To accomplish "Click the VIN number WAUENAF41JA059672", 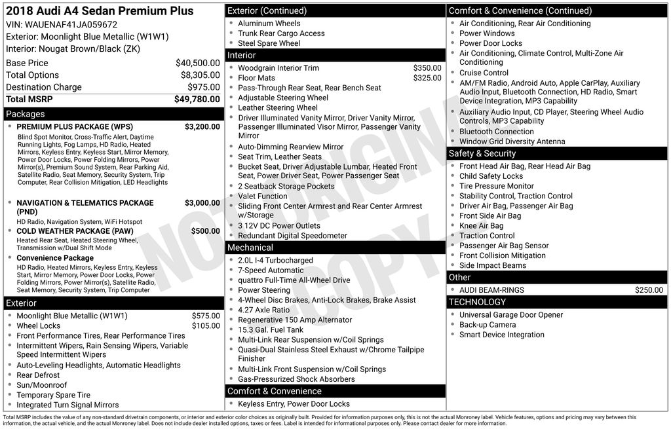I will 71,25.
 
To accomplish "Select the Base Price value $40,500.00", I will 197,63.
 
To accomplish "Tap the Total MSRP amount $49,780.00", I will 197,99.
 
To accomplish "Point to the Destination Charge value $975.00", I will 203,87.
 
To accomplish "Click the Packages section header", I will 26,114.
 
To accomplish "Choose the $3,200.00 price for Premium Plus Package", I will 202,126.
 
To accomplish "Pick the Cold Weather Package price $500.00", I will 205,231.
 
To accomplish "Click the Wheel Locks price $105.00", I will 206,326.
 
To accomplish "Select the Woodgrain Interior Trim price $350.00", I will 427,68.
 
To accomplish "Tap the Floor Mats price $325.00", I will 427,78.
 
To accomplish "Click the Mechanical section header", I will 250,248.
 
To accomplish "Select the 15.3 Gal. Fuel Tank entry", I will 271,330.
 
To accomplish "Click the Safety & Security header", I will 482,153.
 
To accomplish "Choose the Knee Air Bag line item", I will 482,226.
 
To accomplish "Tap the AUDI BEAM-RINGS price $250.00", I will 649,290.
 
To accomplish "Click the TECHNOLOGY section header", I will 477,302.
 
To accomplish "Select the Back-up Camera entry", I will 488,325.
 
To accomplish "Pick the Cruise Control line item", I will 484,73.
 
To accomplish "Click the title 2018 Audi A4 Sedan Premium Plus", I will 100,11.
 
